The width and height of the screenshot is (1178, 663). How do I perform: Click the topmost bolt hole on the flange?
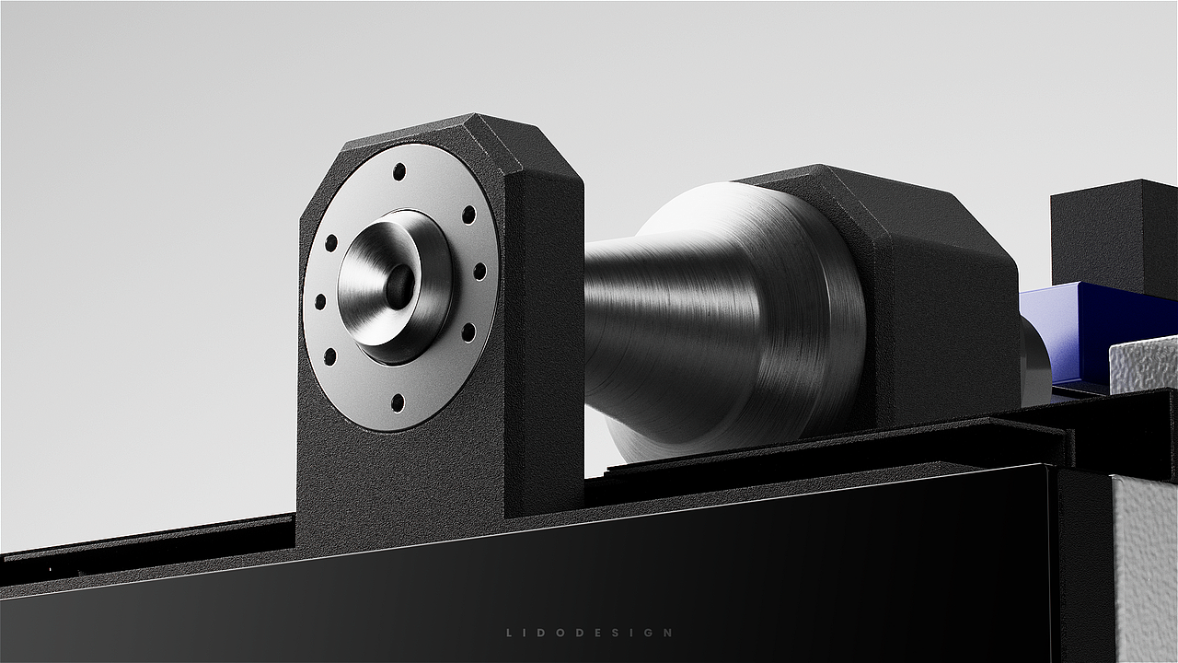pos(399,171)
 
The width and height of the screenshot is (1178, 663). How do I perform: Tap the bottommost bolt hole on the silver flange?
pos(398,402)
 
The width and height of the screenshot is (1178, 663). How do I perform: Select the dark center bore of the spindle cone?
pos(399,286)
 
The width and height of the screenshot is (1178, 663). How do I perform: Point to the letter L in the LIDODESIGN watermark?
pos(509,633)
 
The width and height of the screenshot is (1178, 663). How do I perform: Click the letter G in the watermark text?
pos(649,633)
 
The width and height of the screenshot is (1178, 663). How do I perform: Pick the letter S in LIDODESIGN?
pos(616,633)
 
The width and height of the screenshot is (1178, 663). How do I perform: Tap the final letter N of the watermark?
pos(668,633)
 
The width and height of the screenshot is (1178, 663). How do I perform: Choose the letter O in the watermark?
pos(561,633)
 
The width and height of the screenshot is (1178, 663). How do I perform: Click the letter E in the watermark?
pos(597,633)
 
